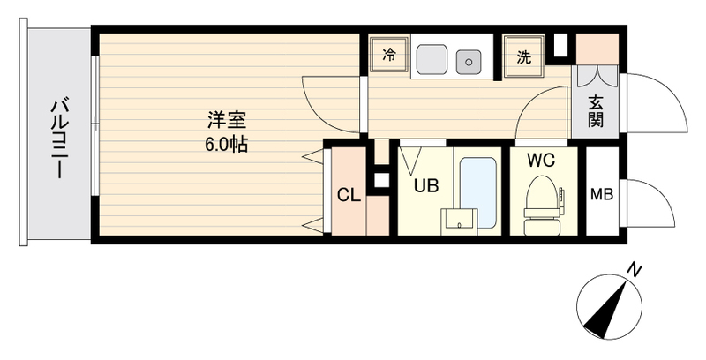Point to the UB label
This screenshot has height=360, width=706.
pyautogui.click(x=427, y=186)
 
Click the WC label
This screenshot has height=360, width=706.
pyautogui.click(x=540, y=161)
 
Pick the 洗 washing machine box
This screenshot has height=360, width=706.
pyautogui.click(x=523, y=56)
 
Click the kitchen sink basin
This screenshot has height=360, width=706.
pyautogui.click(x=431, y=60)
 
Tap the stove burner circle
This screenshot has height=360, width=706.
pyautogui.click(x=468, y=60)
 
